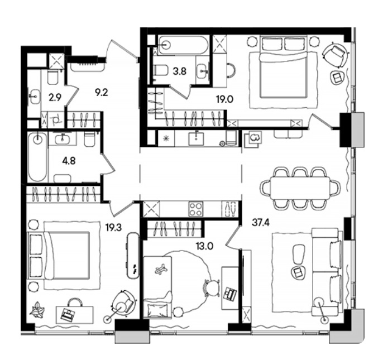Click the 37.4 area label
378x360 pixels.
click(261, 223)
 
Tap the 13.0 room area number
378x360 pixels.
click(204, 246)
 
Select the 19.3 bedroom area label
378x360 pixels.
click(114, 227)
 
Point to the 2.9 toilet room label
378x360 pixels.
click(55, 98)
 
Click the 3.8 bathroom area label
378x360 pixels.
click(180, 71)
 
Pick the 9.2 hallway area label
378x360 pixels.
click(101, 92)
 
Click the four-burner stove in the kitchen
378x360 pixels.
click(196, 209)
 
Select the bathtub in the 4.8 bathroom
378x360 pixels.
click(37, 157)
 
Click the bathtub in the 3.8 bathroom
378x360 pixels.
click(183, 45)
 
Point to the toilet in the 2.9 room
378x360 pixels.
click(52, 77)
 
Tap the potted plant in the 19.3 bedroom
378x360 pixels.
click(37, 309)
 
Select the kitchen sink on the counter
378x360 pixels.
click(196, 139)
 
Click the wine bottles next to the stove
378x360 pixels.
click(229, 209)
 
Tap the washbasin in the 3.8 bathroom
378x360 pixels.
click(202, 71)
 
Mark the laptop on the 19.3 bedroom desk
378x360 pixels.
click(68, 315)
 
